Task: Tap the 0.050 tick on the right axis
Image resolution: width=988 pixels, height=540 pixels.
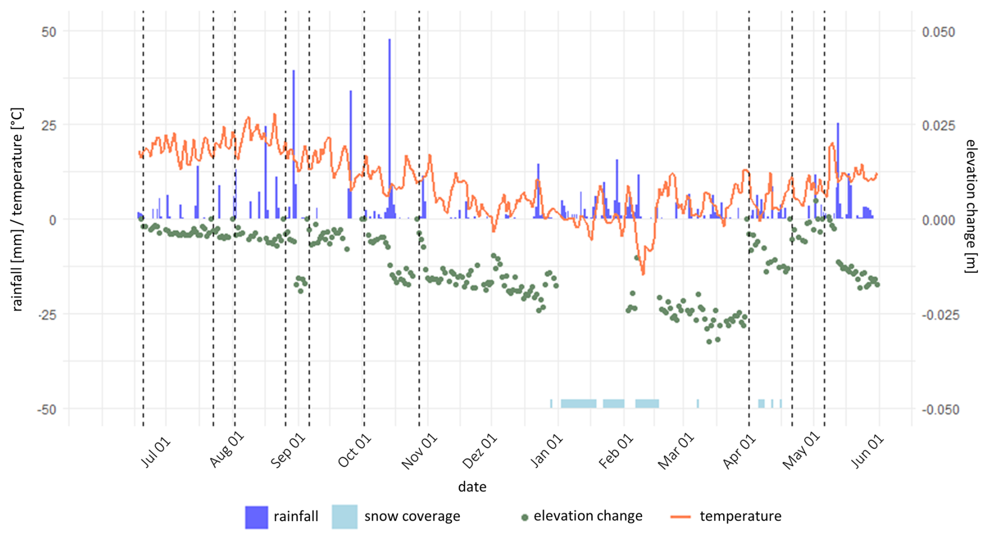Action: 938,32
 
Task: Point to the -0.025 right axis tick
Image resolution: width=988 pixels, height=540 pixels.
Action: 940,315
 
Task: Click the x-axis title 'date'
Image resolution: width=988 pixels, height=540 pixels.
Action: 472,487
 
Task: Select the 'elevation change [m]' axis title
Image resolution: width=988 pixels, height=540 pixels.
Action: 971,206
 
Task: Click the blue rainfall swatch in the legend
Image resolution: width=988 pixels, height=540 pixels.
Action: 256,517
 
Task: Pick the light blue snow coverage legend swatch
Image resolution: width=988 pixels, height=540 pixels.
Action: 345,517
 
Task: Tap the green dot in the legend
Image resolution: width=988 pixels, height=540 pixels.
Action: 525,518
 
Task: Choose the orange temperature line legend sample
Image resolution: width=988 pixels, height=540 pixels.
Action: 680,517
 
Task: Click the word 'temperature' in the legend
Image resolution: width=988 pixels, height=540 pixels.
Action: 740,517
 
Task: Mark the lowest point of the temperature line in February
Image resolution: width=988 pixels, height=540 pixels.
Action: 643,273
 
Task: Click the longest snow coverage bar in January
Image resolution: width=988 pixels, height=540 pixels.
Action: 579,403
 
